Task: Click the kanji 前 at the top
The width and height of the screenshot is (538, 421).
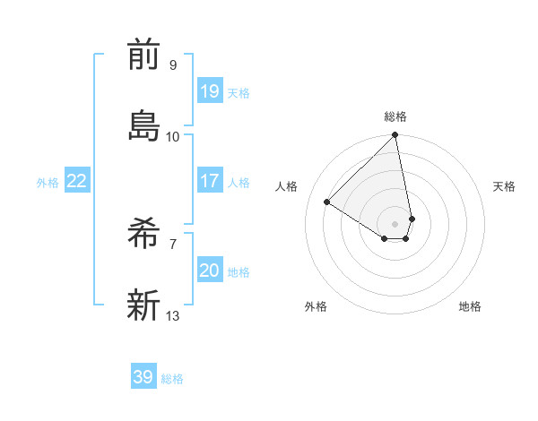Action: coord(143,55)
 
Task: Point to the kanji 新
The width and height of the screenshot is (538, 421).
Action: coord(143,305)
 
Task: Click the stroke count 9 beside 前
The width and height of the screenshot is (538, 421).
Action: coord(172,65)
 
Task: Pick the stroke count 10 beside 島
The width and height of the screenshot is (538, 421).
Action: coord(173,136)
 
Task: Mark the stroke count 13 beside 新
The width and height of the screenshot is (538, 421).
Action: coord(173,315)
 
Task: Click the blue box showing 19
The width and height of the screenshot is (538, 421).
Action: coord(210,90)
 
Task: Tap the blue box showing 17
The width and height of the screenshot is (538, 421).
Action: coord(210,181)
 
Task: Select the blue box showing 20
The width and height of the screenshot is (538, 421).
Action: coord(210,271)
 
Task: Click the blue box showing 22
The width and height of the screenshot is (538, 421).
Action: coord(77,181)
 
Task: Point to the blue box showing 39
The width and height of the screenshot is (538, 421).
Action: coord(143,377)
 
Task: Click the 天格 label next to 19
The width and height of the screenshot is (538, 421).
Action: coord(239,93)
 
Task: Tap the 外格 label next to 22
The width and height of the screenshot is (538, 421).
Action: coord(48,183)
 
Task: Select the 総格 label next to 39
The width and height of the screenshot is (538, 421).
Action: coord(172,379)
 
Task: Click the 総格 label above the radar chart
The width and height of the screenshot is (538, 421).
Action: coord(395,116)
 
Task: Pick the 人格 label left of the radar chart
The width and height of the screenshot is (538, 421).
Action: coord(287,186)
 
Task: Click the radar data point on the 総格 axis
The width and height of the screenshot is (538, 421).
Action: coord(395,136)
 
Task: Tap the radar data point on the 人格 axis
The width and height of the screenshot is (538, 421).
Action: coord(327,202)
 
